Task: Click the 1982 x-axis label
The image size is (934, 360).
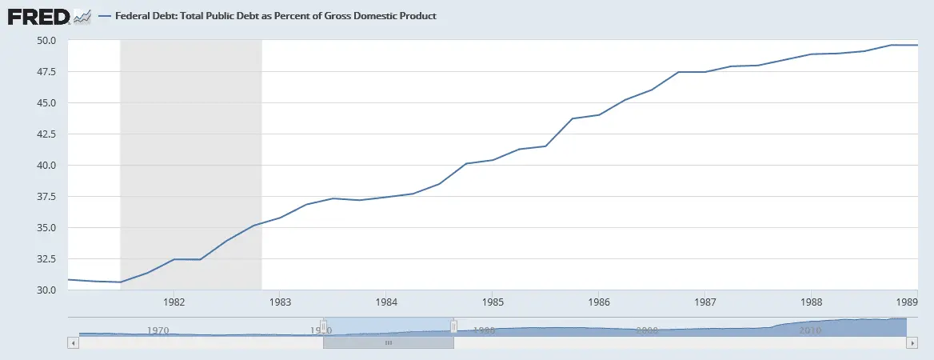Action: point(174,303)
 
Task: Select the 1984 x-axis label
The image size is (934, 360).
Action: point(385,303)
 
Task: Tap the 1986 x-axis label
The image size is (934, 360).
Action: point(597,303)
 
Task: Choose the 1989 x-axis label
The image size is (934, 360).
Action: point(906,303)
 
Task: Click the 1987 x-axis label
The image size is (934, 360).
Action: point(704,303)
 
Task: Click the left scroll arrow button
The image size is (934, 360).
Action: point(73,342)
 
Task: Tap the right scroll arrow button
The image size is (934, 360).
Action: point(912,342)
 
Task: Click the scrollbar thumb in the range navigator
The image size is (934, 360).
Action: point(389,342)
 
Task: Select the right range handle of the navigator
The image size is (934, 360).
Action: point(453,326)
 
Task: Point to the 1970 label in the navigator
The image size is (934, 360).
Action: point(158,330)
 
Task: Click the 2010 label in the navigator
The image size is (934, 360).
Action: point(809,330)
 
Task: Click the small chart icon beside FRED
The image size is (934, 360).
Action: point(82,15)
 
